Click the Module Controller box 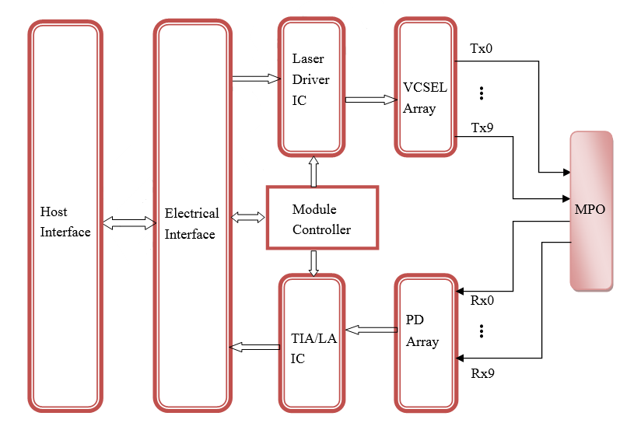click(x=322, y=218)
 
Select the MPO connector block click(x=591, y=211)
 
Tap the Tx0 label click(x=482, y=49)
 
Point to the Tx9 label click(x=482, y=128)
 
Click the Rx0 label click(x=482, y=301)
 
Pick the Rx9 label click(x=482, y=373)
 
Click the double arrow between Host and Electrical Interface click(x=129, y=222)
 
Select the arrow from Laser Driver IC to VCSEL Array click(x=371, y=100)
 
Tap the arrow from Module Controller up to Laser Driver click(x=313, y=172)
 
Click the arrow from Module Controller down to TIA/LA click(x=313, y=264)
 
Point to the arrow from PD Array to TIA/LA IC click(x=372, y=330)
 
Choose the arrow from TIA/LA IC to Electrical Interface click(x=254, y=347)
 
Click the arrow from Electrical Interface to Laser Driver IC click(x=257, y=79)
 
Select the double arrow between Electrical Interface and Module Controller click(x=248, y=218)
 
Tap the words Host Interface click(x=65, y=222)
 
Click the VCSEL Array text click(x=425, y=98)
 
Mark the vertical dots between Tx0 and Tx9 click(x=482, y=93)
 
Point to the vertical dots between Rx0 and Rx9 click(x=482, y=331)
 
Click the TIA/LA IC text click(x=313, y=348)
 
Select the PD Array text click(x=422, y=331)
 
